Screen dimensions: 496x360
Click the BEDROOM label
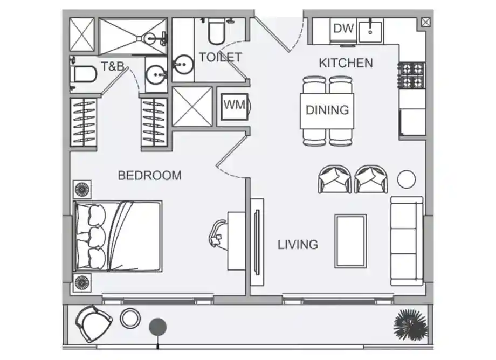coord(150,175)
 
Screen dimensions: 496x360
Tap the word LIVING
coord(298,245)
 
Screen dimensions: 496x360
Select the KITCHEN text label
coord(346,63)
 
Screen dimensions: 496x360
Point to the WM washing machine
coord(235,107)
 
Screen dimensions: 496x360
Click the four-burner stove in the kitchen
coord(412,75)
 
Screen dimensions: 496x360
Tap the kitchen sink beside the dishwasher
coord(370,31)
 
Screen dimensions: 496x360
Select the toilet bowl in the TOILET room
coord(216,32)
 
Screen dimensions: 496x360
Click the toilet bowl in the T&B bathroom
coord(84,74)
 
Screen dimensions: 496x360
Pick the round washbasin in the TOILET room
coord(183,65)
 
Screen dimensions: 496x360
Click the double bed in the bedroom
coord(118,236)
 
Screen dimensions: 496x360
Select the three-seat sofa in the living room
coord(407,241)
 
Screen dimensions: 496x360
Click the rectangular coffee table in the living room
coord(351,241)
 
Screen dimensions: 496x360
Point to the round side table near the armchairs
coord(406,179)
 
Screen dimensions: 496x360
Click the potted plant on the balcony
coord(411,324)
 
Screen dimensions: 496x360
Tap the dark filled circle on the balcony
coord(158,327)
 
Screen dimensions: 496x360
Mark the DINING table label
coord(327,110)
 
